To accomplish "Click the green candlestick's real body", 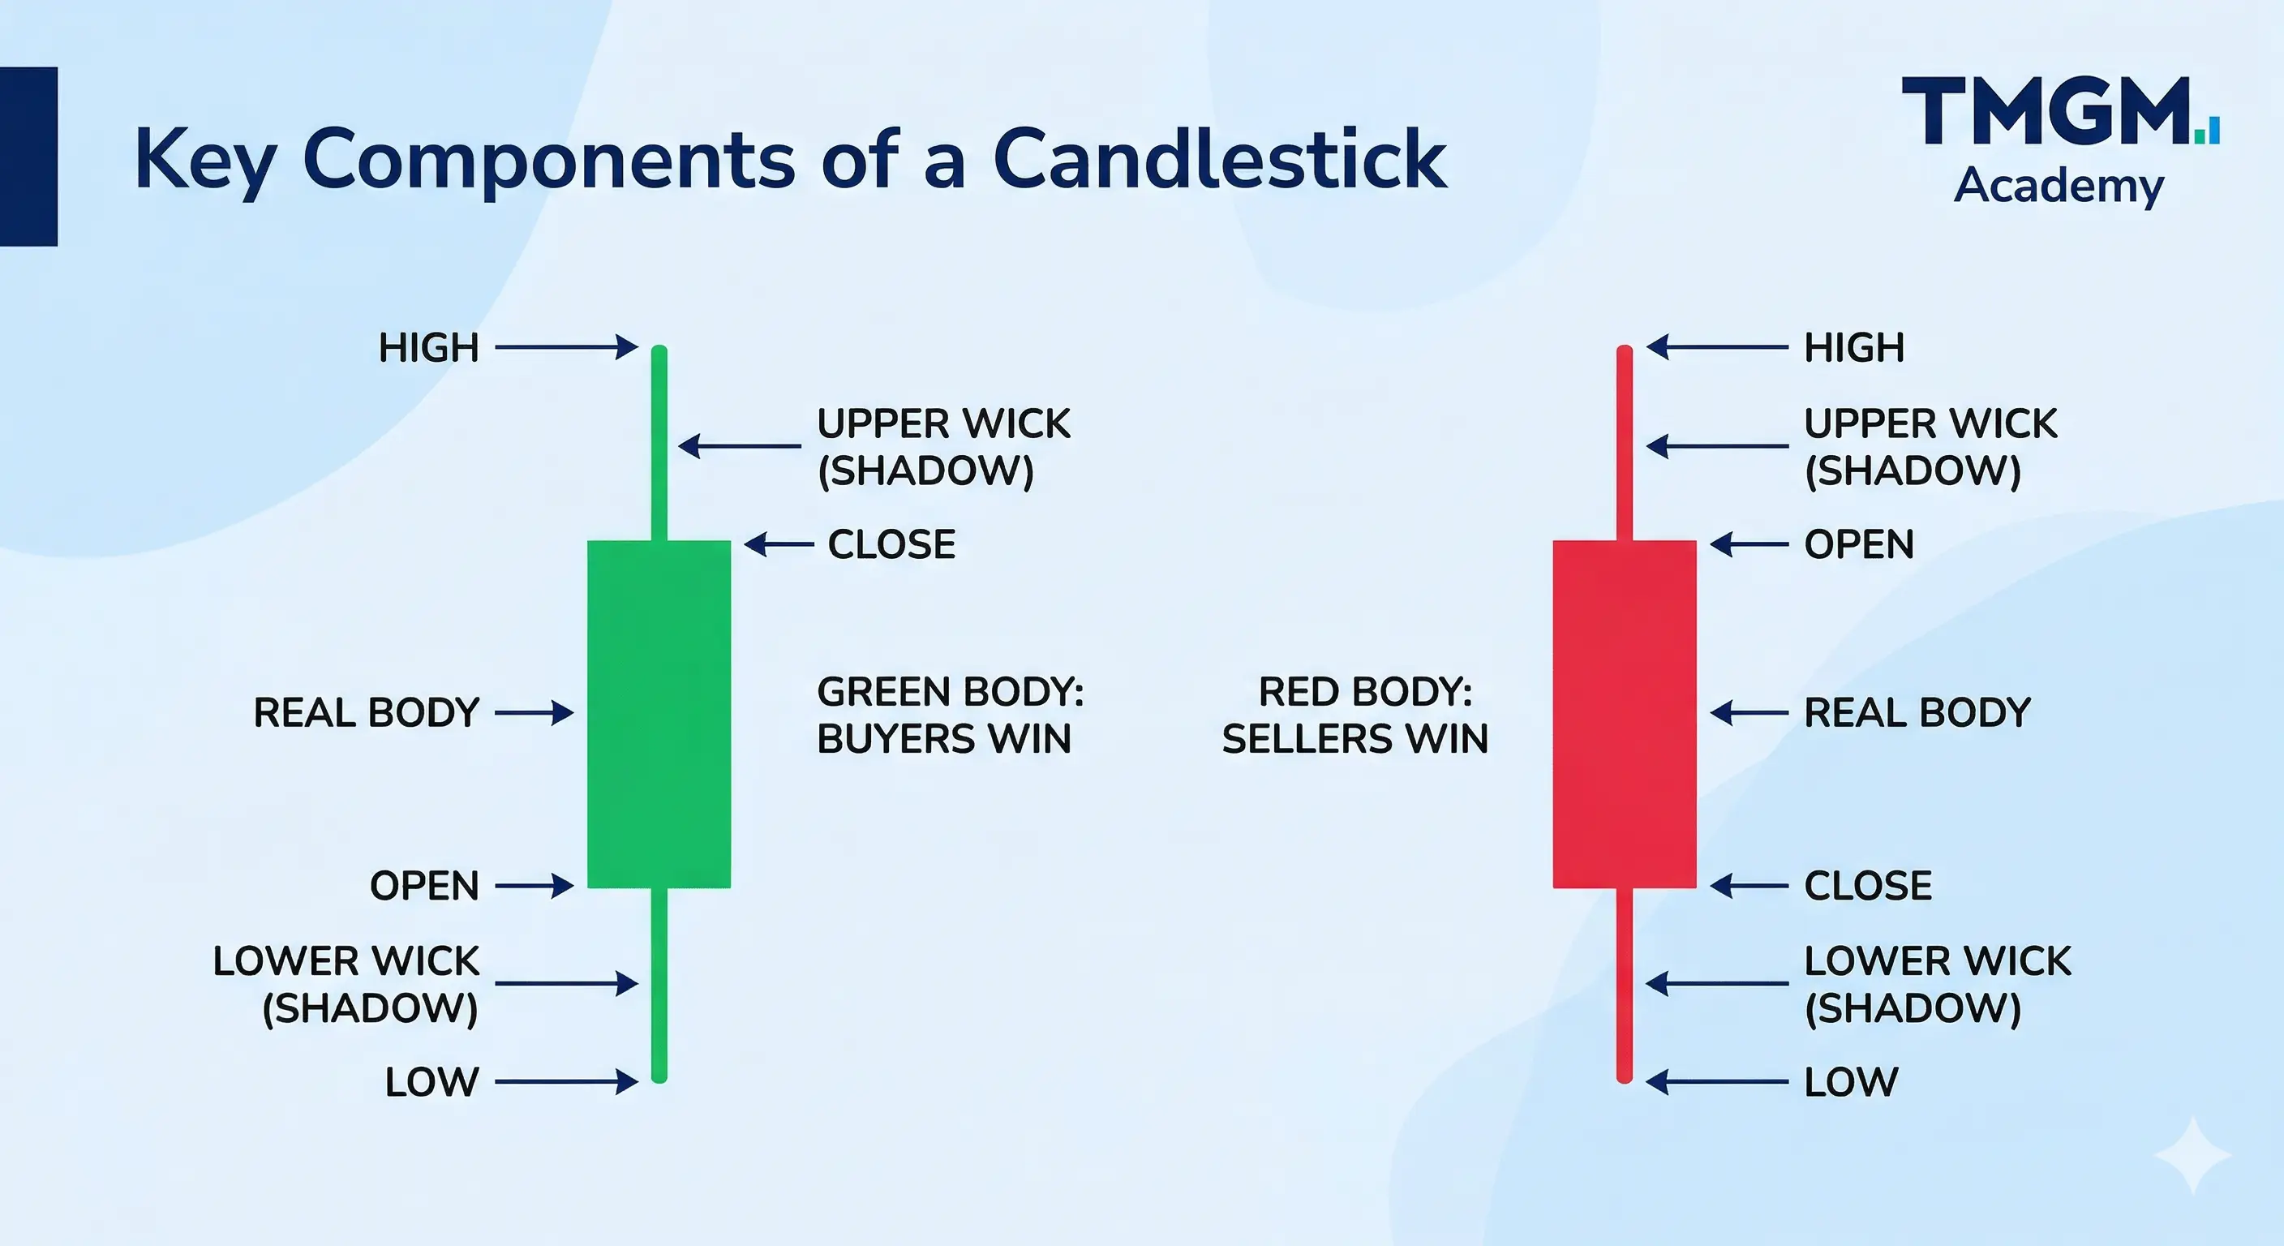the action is [659, 714].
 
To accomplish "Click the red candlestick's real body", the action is [1625, 714].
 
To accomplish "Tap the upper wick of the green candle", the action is [659, 443].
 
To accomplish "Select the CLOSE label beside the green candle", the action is [891, 544].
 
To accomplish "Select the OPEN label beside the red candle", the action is [1859, 544].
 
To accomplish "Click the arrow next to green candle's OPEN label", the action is [535, 885].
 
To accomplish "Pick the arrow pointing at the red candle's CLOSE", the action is [1749, 885].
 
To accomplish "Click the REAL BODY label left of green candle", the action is [366, 713].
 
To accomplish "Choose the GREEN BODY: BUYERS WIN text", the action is [950, 715].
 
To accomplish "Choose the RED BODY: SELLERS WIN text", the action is [1355, 715].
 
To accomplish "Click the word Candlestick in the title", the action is [1220, 160].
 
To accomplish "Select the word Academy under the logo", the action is [2059, 187].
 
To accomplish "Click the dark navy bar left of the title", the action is [28, 156].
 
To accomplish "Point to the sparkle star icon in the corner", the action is [2192, 1155].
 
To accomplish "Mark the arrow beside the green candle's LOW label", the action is [567, 1082].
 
